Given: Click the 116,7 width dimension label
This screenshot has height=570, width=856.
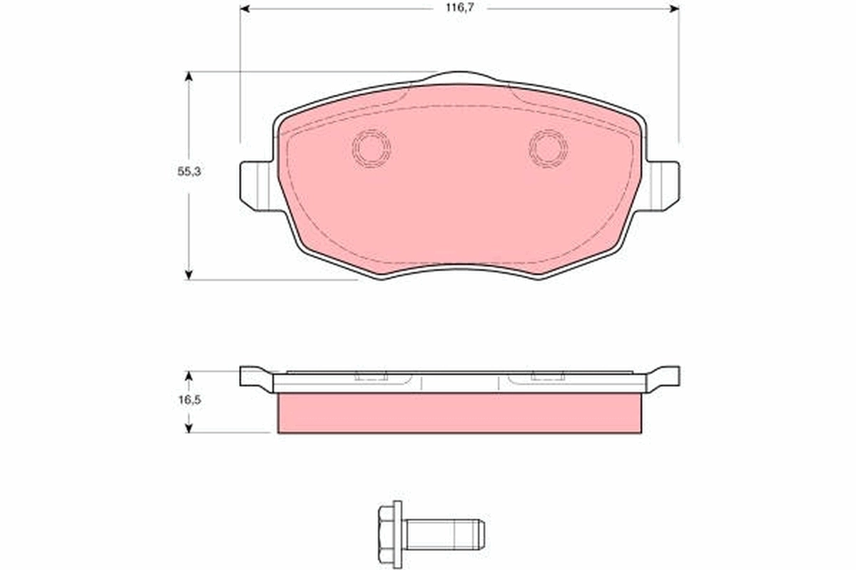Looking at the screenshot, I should tap(459, 8).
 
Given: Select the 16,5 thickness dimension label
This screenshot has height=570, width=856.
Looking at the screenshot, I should tap(189, 400).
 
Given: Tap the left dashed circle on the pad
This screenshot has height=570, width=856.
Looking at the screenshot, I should tap(372, 148).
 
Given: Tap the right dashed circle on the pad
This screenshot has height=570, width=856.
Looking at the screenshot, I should tap(548, 148).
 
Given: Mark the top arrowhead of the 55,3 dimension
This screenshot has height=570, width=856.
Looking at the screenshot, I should tap(189, 76).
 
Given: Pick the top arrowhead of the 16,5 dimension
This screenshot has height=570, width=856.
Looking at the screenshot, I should tap(189, 375).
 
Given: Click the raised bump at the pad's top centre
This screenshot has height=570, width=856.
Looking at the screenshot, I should tap(459, 77).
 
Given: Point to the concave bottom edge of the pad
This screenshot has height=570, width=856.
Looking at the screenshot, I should tap(459, 269).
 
